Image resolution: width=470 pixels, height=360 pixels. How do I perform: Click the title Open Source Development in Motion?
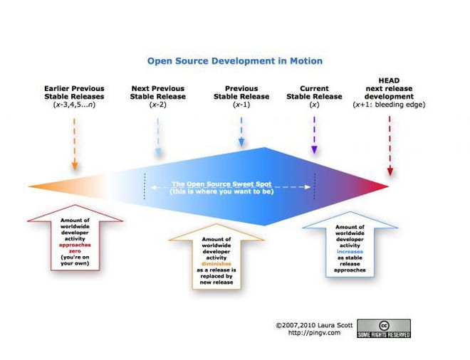[234, 61]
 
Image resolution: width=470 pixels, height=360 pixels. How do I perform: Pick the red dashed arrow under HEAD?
[390, 146]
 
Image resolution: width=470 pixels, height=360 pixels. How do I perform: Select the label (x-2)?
[157, 105]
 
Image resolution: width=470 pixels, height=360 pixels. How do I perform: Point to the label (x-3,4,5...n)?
[73, 105]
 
